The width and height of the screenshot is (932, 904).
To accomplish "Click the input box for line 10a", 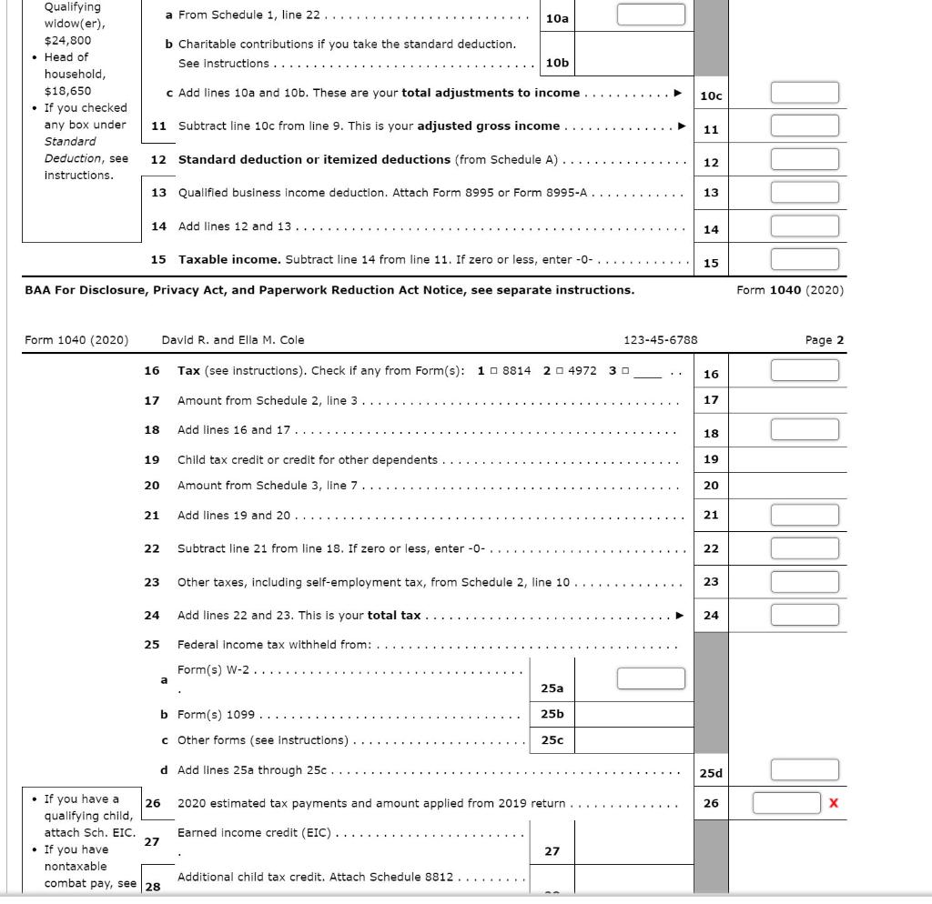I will pos(651,15).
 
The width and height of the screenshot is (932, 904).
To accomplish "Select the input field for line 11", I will pos(805,126).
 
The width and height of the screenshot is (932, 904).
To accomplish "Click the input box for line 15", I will pos(805,260).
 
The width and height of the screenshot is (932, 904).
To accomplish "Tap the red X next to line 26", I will pos(834,803).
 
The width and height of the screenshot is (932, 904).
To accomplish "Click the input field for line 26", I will pos(787,803).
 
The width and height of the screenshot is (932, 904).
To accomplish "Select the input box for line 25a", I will pos(651,679).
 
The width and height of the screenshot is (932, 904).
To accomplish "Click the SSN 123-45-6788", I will pos(660,340).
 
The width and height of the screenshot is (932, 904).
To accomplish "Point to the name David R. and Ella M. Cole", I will pos(233,340).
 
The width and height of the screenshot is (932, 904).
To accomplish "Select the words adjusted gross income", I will pos(488,126).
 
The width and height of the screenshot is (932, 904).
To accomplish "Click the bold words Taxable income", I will pos(229,259).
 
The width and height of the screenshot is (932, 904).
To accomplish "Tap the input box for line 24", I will pos(805,615).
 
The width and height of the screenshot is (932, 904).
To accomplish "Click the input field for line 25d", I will pos(805,770).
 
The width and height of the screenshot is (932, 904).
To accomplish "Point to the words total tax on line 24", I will pos(394,615).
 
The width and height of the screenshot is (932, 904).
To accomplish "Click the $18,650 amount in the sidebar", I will pos(68,91).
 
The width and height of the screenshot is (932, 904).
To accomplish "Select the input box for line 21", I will pos(805,516).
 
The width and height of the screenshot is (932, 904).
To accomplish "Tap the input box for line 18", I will pos(805,430).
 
